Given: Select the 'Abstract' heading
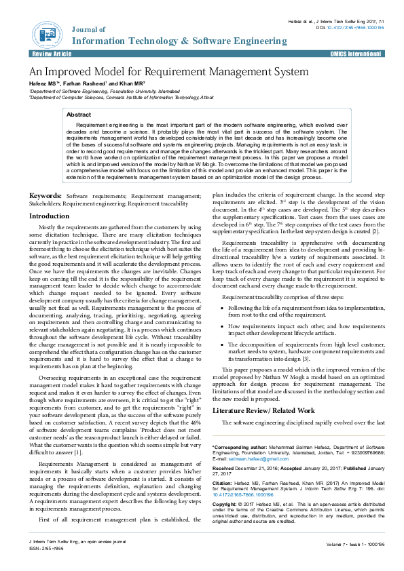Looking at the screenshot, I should (79, 115).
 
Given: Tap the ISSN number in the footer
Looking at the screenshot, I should (47, 549).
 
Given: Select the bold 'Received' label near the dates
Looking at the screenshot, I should (223, 469).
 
